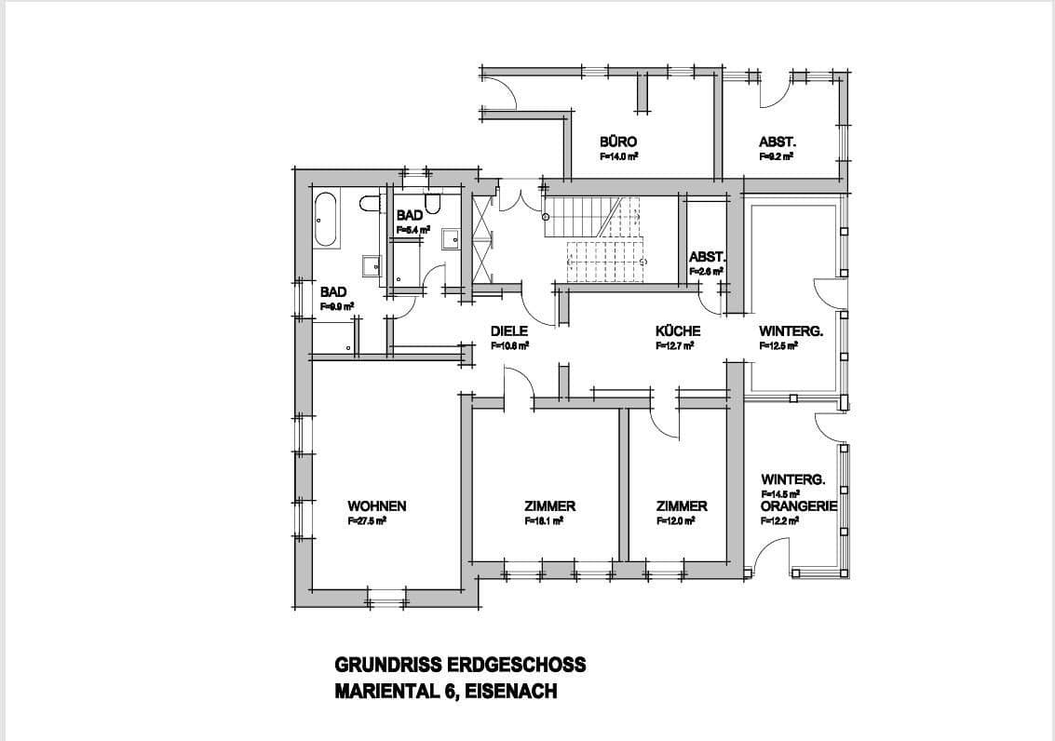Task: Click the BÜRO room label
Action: pyautogui.click(x=618, y=141)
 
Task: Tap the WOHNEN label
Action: pyautogui.click(x=376, y=506)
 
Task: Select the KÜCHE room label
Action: pyautogui.click(x=678, y=330)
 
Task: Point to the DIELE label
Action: pyautogui.click(x=509, y=330)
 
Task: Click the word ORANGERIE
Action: pyautogui.click(x=799, y=505)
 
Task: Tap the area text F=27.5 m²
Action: pyautogui.click(x=367, y=522)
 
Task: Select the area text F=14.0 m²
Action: pyautogui.click(x=618, y=157)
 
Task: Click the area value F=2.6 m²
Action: pyautogui.click(x=707, y=272)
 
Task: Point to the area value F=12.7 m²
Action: pyautogui.click(x=675, y=345)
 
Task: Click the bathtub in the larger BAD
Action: pyautogui.click(x=326, y=220)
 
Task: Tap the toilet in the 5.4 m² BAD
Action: pyautogui.click(x=432, y=202)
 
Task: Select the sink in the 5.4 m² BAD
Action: pyautogui.click(x=451, y=238)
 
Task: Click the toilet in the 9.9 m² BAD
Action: pyautogui.click(x=369, y=204)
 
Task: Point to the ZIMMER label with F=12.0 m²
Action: pyautogui.click(x=682, y=506)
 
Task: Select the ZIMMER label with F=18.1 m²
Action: pyautogui.click(x=549, y=506)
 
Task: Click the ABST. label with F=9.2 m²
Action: pyautogui.click(x=777, y=141)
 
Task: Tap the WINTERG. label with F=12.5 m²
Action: pyautogui.click(x=791, y=330)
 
